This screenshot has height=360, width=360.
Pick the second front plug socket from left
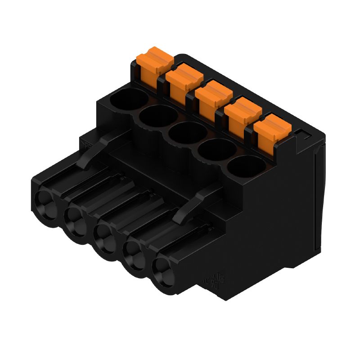coord(75,219)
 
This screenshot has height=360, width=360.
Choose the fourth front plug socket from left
coord(134,254)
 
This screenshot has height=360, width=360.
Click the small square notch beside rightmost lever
coord(301,133)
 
